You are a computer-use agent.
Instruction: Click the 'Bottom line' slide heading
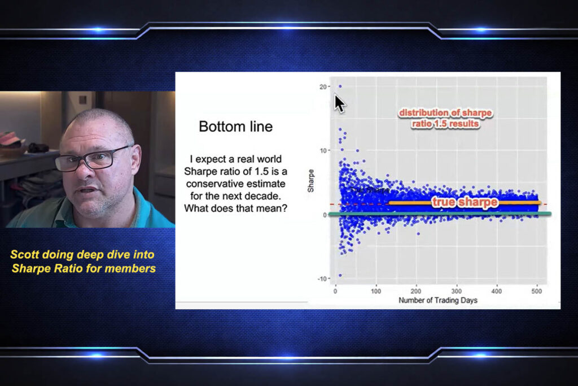[235, 127]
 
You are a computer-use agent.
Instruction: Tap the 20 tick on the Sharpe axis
[322, 86]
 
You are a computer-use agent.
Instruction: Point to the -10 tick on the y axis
[321, 279]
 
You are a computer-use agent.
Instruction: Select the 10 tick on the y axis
[322, 150]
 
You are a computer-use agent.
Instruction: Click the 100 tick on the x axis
[376, 291]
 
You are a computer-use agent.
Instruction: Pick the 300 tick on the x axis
[456, 291]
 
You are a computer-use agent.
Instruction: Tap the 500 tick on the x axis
[537, 291]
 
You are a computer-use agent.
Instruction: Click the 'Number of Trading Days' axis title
[437, 301]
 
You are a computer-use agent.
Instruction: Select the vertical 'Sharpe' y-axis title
[311, 182]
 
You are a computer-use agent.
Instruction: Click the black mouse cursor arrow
[339, 103]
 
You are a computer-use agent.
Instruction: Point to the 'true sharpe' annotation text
[465, 202]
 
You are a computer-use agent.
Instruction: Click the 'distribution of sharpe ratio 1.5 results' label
[445, 118]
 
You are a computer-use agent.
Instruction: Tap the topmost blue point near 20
[340, 86]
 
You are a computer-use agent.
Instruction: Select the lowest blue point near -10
[340, 275]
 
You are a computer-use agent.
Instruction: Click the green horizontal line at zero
[440, 214]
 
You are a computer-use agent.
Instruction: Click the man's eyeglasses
[93, 158]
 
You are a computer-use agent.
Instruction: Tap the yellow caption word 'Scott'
[25, 255]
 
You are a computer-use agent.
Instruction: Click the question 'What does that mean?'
[235, 208]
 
